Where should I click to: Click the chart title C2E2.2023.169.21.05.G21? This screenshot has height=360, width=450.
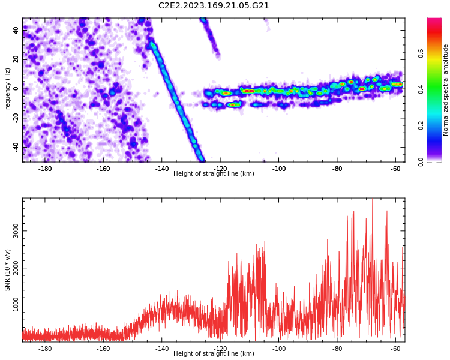click(x=214, y=6)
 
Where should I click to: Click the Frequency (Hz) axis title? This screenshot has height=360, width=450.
click(x=7, y=90)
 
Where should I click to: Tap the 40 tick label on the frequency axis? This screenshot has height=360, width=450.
click(x=16, y=30)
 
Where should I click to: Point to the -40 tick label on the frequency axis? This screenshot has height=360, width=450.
click(x=16, y=146)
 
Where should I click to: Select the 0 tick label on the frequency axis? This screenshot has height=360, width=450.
click(x=16, y=89)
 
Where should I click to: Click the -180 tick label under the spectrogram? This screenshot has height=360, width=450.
click(x=44, y=169)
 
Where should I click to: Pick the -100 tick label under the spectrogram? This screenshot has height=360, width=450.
click(x=278, y=169)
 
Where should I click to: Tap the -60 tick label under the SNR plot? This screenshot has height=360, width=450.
click(x=395, y=349)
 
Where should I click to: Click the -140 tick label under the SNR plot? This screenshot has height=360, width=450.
click(x=161, y=349)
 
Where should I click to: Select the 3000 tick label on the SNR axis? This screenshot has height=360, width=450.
click(x=16, y=231)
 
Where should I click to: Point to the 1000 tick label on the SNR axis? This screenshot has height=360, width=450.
click(x=16, y=305)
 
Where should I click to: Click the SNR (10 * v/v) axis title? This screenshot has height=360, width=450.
click(x=7, y=270)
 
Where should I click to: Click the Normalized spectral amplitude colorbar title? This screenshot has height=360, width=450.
click(x=445, y=90)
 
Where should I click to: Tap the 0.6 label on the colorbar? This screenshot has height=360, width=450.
click(x=421, y=53)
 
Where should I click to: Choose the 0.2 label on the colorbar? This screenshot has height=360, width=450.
click(x=421, y=125)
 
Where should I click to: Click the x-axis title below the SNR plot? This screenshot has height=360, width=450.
click(x=214, y=353)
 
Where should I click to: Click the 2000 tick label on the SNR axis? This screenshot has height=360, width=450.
click(x=16, y=268)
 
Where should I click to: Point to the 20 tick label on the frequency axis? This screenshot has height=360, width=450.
click(x=16, y=59)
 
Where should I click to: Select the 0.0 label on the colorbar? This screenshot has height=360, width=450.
click(x=421, y=161)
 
